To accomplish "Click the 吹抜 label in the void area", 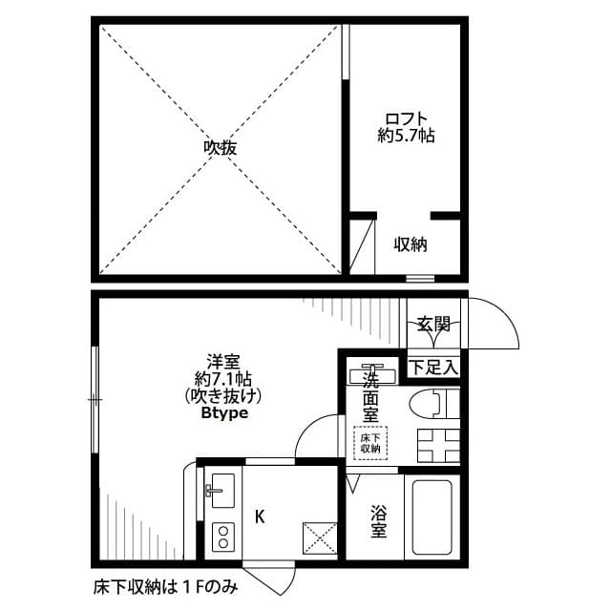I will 220,148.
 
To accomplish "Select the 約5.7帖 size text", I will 406,137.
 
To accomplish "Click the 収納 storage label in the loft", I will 411,244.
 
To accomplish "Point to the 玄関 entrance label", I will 434,325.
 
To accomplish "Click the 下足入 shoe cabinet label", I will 434,367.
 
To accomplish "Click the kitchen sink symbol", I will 220,491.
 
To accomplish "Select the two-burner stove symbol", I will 221,536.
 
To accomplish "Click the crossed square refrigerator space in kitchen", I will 320,538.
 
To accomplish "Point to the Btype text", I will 224,414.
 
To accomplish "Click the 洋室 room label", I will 223,362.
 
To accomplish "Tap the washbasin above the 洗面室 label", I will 368,372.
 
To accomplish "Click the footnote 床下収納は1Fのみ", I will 165,585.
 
